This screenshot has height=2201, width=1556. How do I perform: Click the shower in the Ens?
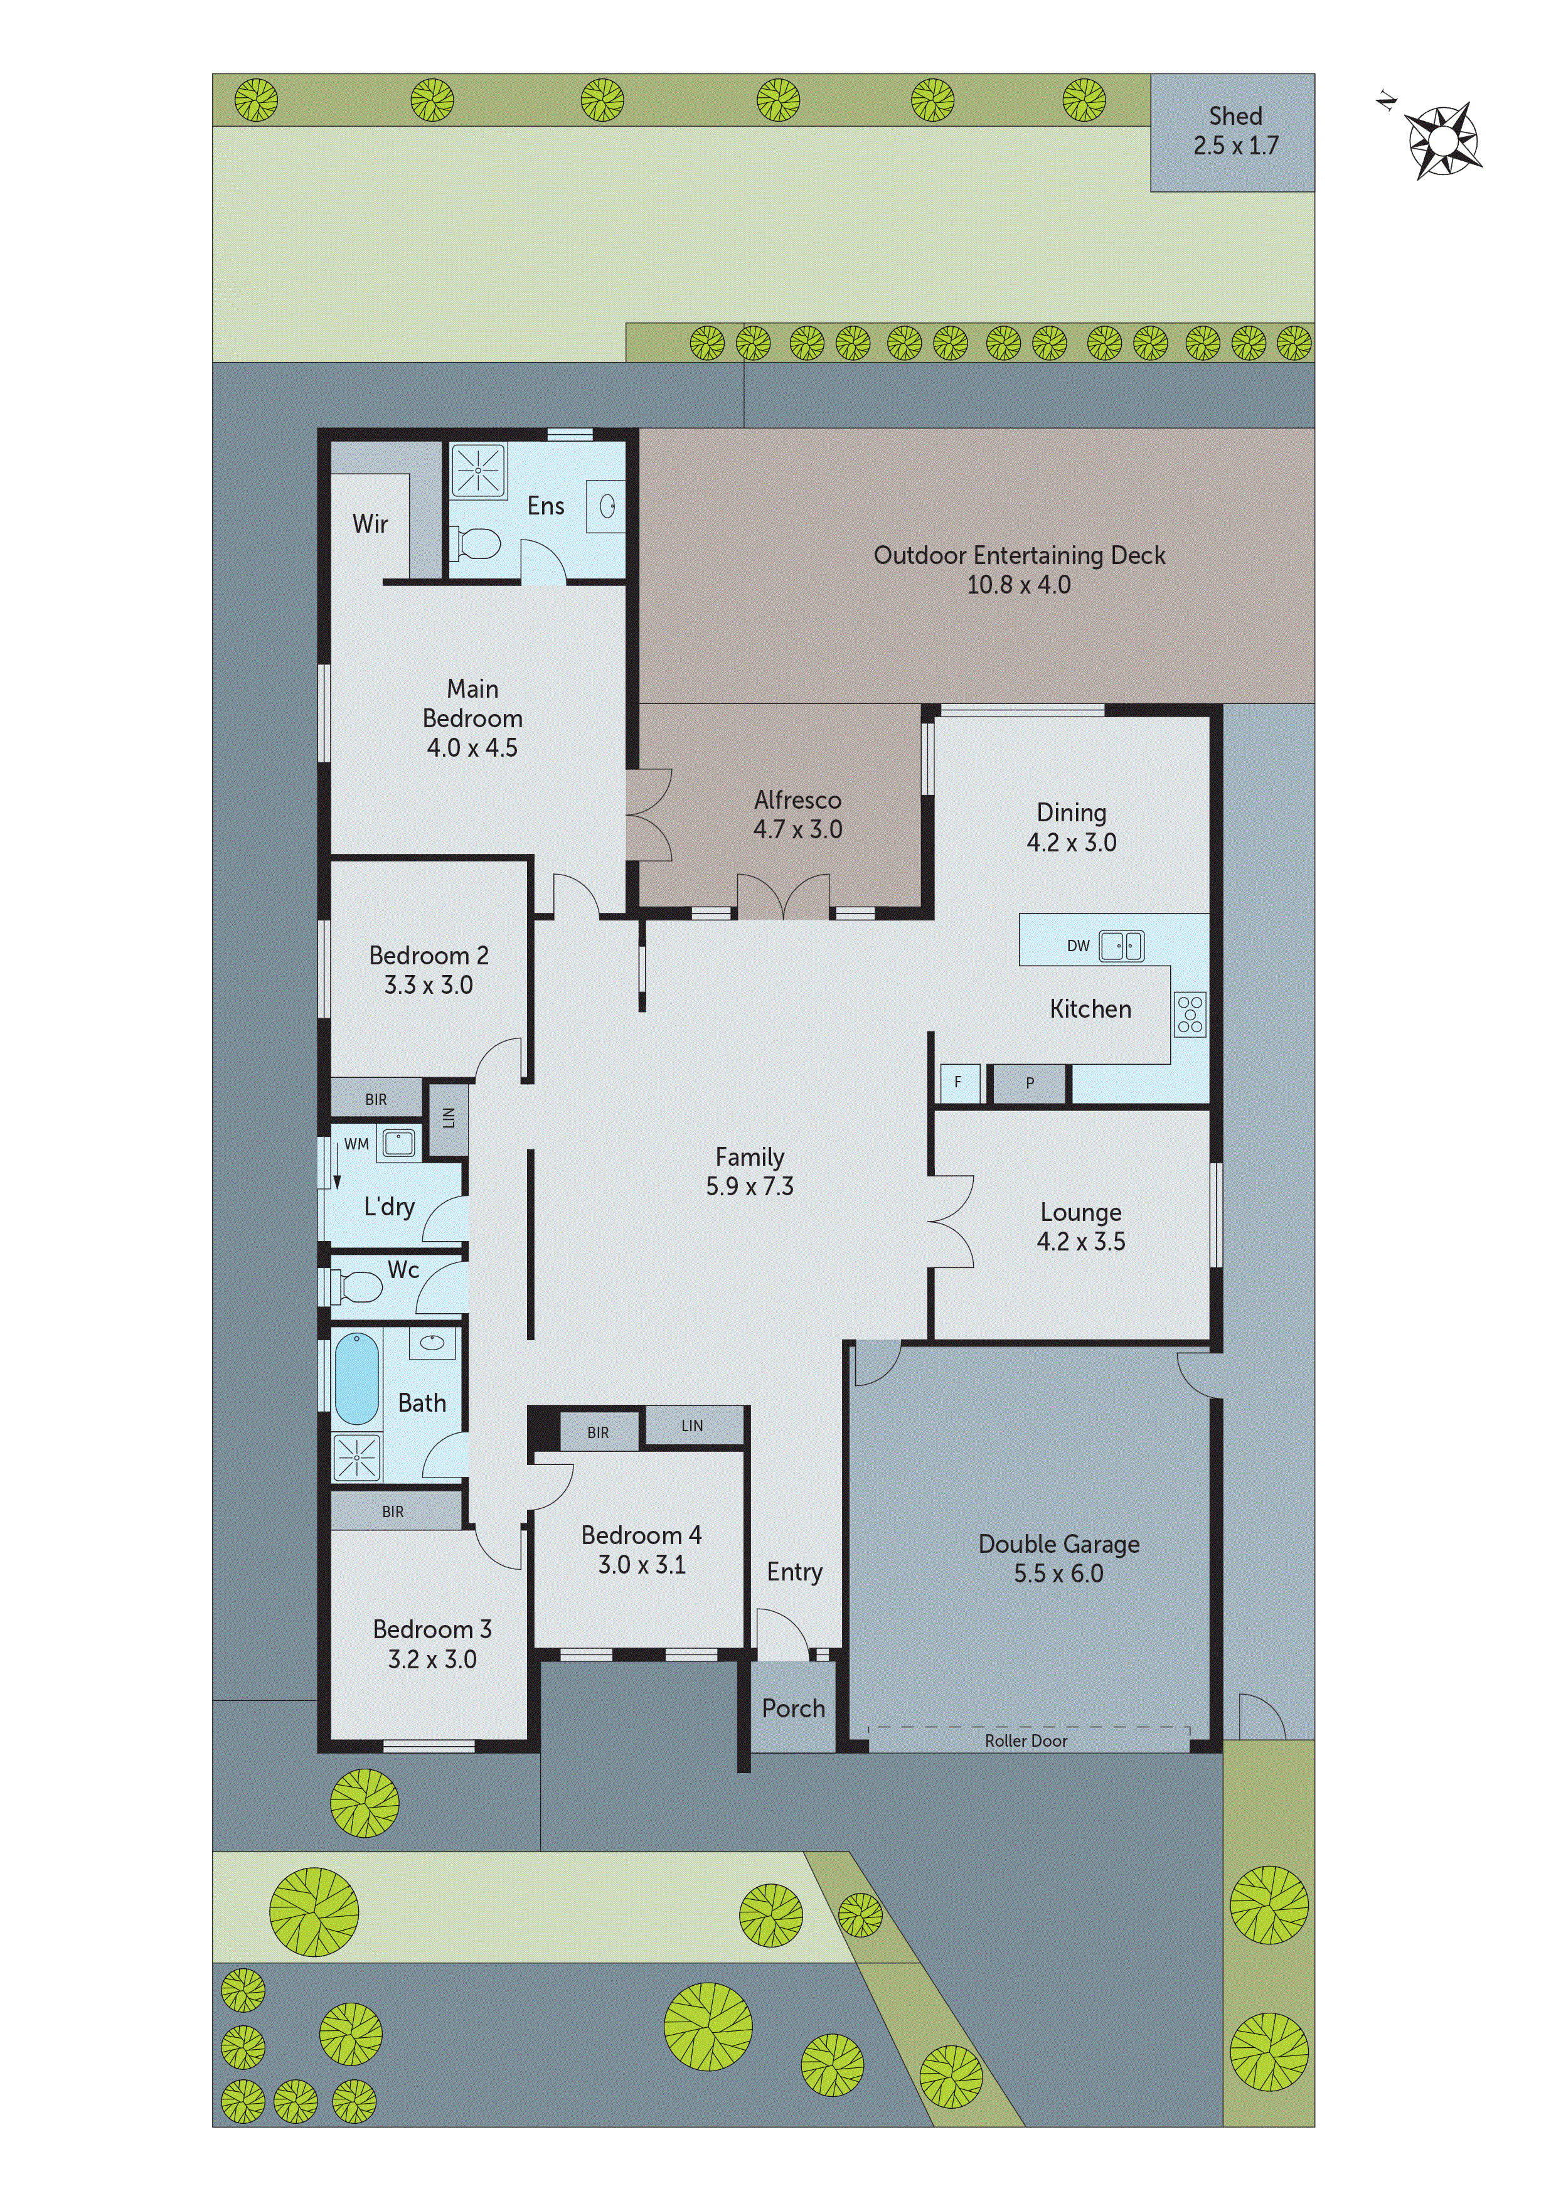pyautogui.click(x=477, y=470)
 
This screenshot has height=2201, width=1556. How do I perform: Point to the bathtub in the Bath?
pyautogui.click(x=356, y=1378)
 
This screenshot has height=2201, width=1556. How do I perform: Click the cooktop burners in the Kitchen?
pyautogui.click(x=1190, y=1014)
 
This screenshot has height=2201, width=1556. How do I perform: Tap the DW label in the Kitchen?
pyautogui.click(x=1078, y=945)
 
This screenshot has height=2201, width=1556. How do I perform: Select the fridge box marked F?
pyautogui.click(x=957, y=1082)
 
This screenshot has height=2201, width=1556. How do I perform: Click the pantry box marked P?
pyautogui.click(x=1030, y=1083)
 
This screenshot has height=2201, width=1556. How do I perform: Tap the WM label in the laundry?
pyautogui.click(x=356, y=1144)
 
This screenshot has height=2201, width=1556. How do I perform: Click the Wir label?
pyautogui.click(x=370, y=523)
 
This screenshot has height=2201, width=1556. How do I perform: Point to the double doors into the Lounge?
pyautogui.click(x=951, y=1222)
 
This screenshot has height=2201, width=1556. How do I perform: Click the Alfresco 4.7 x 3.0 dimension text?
pyautogui.click(x=797, y=829)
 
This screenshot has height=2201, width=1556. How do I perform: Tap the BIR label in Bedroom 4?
pyautogui.click(x=597, y=1432)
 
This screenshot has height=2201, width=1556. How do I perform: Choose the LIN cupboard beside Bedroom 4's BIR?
pyautogui.click(x=692, y=1426)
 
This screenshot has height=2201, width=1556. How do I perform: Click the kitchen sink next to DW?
pyautogui.click(x=1120, y=945)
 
